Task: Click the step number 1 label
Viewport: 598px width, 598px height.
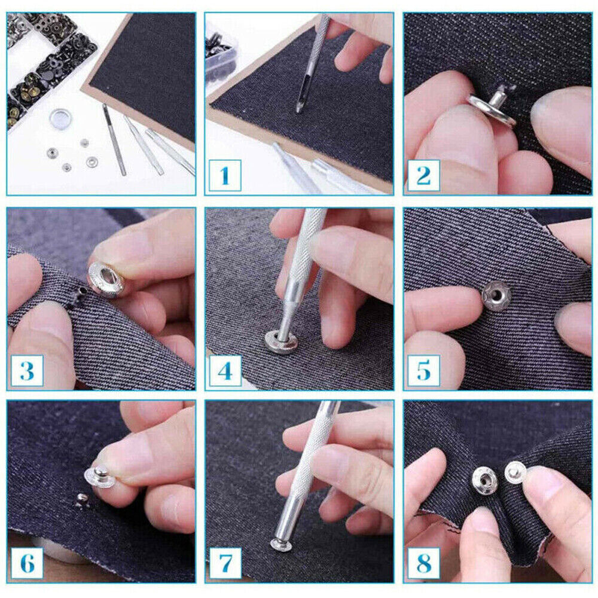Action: click(225, 175)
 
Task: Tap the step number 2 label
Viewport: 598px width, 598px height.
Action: click(423, 175)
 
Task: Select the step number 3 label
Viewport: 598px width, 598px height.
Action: click(27, 371)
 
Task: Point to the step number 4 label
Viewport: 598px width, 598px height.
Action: click(225, 371)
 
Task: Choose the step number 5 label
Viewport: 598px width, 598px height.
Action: click(423, 371)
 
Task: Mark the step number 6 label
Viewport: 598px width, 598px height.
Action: click(27, 563)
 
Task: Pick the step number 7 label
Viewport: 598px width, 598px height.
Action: click(225, 563)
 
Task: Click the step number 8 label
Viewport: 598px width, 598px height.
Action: click(423, 563)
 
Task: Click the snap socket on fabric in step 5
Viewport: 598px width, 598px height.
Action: click(496, 295)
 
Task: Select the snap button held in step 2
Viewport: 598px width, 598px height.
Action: click(492, 108)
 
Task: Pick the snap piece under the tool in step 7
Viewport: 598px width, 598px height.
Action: click(281, 545)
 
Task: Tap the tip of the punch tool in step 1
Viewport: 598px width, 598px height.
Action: click(299, 111)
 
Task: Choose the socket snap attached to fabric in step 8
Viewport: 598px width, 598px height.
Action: click(485, 481)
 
